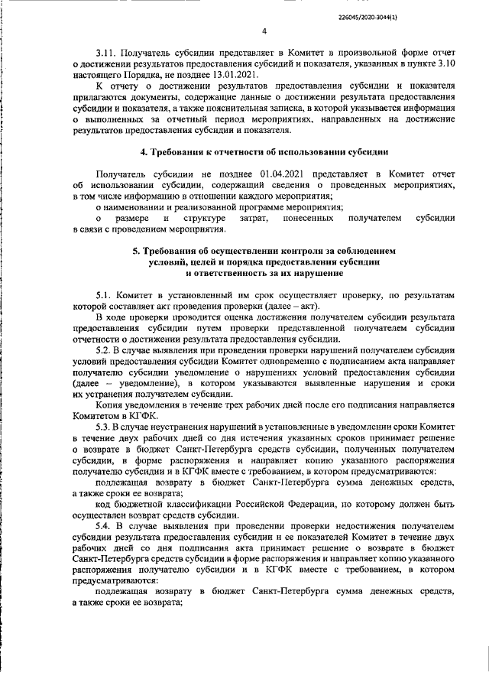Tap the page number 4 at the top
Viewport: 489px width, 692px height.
pos(263,32)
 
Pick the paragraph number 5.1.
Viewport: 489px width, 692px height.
pos(106,294)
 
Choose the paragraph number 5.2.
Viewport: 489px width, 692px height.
pos(105,349)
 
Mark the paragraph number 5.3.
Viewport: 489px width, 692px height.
pos(105,425)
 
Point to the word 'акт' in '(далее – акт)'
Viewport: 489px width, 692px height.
pos(307,306)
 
